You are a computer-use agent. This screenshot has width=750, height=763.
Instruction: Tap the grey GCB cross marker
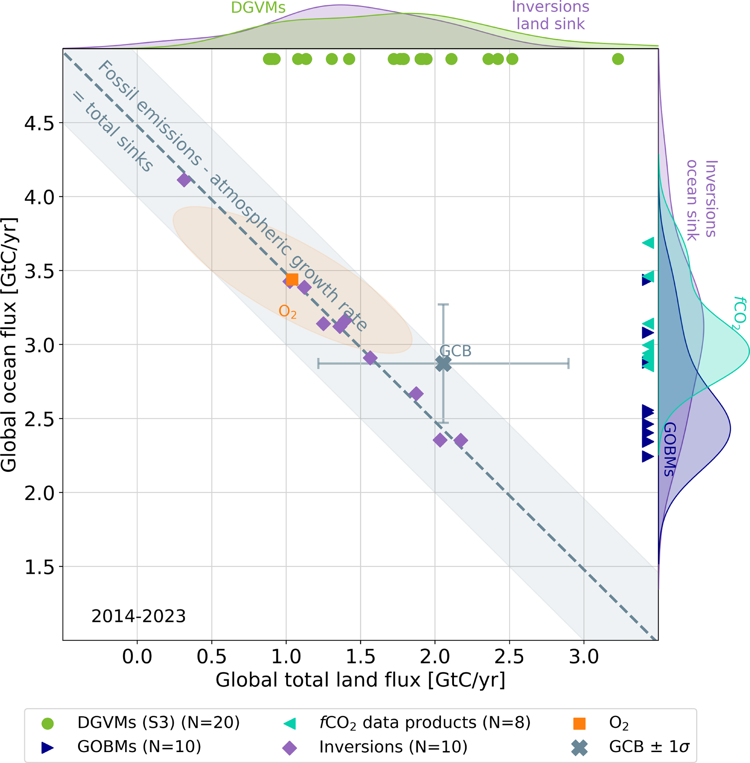pos(443,364)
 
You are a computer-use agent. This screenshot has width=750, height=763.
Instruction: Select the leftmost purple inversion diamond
pos(184,180)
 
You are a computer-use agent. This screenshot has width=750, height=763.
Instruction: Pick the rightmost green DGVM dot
pos(618,59)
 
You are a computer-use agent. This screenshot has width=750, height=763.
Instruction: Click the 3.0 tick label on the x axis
pos(584,657)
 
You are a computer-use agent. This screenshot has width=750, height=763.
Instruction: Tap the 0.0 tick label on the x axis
pos(137,657)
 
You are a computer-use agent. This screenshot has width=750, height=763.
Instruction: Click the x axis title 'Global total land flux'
pos(360,680)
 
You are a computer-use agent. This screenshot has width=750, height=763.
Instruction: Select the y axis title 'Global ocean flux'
pos(9,345)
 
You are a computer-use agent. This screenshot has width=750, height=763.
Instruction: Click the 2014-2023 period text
pos(139,616)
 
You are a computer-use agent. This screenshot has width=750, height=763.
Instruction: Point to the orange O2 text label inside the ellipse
pos(287,311)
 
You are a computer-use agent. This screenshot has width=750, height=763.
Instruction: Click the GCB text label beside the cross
pos(455,350)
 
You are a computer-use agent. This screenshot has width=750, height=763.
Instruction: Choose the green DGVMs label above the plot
pos(258,8)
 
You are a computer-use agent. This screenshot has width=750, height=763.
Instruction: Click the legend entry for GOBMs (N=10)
pos(139,746)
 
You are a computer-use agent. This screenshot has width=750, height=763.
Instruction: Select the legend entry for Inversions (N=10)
pos(393,747)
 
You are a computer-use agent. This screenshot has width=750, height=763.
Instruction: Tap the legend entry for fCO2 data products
pos(425,723)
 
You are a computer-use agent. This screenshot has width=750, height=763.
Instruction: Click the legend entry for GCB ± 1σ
pos(649,746)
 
